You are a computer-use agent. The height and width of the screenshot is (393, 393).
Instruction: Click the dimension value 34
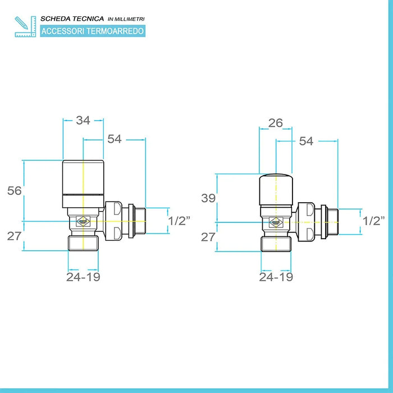point(83,120)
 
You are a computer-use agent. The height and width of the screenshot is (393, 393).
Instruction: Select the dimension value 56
point(15,191)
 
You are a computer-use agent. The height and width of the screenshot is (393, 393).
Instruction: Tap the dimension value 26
point(275,123)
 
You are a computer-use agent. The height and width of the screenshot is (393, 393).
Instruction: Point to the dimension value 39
point(208,198)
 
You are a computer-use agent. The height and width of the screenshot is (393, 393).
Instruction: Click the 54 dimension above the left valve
point(115,139)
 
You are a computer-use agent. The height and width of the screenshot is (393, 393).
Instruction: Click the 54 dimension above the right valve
point(306,141)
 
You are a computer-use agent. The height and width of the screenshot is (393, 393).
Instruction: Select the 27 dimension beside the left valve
point(15,235)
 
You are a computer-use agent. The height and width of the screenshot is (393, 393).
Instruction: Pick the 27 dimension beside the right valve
point(208,236)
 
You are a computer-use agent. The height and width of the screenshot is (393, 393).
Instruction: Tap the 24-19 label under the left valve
point(83,277)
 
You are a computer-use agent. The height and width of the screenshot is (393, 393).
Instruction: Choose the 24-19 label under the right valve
point(276,277)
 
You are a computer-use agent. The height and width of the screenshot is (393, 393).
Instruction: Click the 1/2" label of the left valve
point(180,221)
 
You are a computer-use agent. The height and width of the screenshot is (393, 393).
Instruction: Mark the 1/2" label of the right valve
point(373,221)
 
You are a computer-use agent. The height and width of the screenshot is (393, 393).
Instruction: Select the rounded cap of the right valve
point(276,189)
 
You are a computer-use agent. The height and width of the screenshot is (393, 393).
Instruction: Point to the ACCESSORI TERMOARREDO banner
point(92,31)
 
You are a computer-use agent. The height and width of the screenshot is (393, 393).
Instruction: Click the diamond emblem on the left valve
point(83,221)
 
